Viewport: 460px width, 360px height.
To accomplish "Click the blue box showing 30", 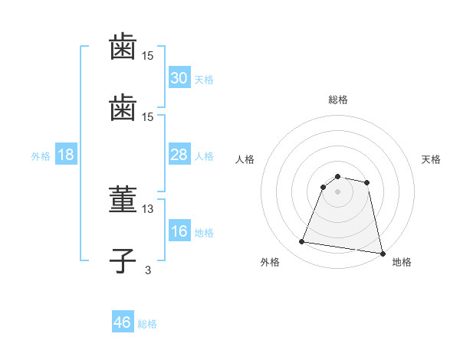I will tap(179, 78).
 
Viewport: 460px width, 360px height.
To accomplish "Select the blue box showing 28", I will tap(179, 155).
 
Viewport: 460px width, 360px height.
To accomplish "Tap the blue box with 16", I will tap(179, 232).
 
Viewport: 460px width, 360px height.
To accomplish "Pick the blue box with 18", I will tap(65, 155).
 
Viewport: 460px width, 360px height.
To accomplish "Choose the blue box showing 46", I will tap(123, 322).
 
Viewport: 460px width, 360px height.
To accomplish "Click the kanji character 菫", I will tap(123, 201).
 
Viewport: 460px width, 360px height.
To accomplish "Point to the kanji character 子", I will tap(123, 259).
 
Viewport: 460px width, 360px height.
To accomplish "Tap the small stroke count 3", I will tap(148, 269).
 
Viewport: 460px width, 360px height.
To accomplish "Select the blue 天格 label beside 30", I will tap(204, 80).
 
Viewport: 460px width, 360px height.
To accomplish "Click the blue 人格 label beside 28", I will tap(204, 156).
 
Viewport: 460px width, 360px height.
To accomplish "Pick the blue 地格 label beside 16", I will tap(204, 233).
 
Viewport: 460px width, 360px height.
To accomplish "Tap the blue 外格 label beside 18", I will tap(41, 156).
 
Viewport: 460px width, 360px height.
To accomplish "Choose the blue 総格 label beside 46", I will tap(147, 324).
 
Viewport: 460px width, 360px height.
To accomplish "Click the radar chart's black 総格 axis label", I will tap(338, 100).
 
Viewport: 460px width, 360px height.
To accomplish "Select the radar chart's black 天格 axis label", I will tap(432, 159).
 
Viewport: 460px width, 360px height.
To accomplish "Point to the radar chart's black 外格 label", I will tap(269, 262).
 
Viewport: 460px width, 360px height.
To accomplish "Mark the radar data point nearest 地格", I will tap(382, 253).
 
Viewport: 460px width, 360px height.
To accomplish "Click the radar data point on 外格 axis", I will tap(302, 242).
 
